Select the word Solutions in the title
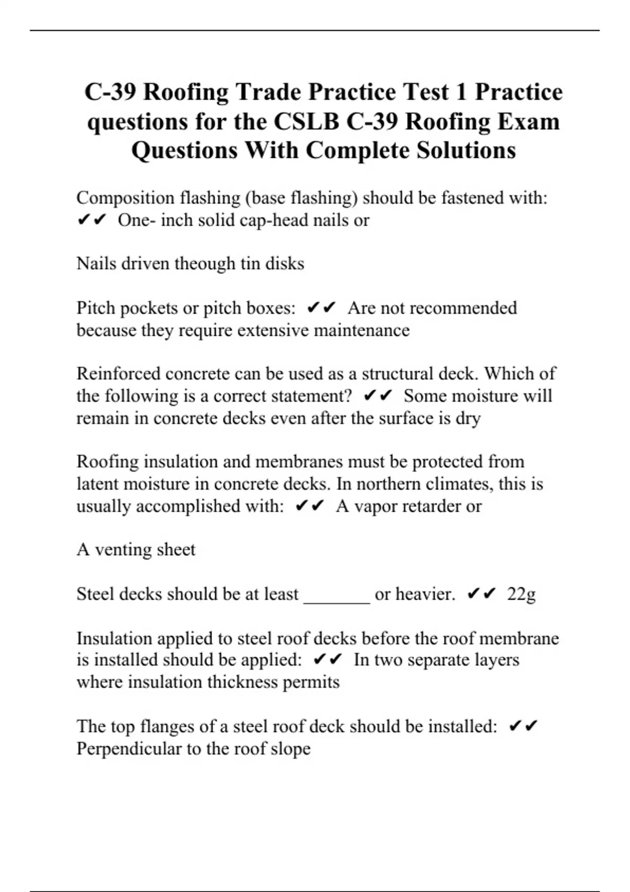pos(466,151)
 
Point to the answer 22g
pos(521,594)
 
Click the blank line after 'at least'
pos(337,595)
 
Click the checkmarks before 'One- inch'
pos(92,220)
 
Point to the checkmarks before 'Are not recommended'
pos(321,307)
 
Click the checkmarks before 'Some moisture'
pos(378,396)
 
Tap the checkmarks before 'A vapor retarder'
pos(310,506)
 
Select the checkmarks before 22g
pos(481,594)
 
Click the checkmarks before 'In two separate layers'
pos(328,660)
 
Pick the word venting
pos(119,549)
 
